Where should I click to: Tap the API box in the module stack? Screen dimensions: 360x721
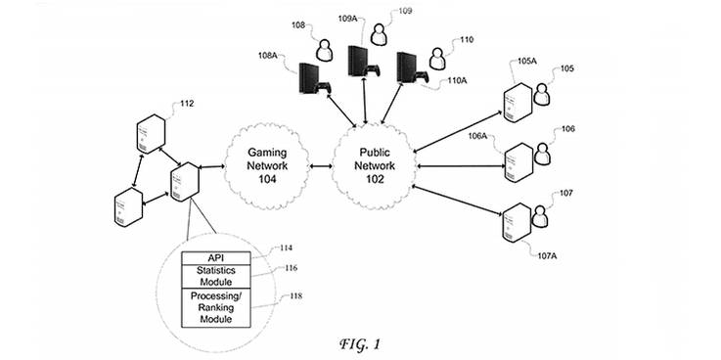point(217,257)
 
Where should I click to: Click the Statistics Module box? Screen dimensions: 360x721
point(217,276)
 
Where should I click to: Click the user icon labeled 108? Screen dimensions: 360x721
point(324,48)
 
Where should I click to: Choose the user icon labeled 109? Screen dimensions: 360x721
point(379,34)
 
